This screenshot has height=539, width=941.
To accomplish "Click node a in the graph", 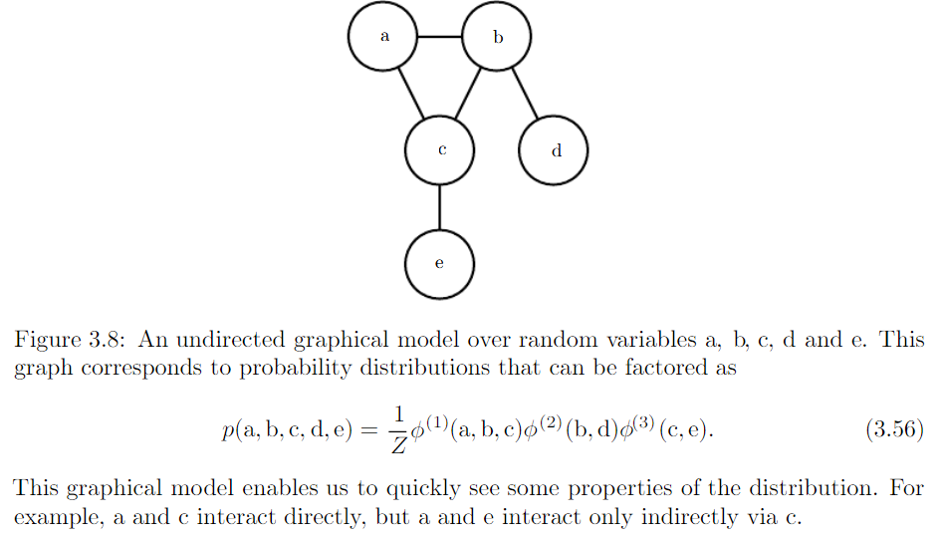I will [x=382, y=37].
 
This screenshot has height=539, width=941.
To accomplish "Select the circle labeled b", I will [x=497, y=37].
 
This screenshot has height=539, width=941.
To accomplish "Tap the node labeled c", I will [x=440, y=150].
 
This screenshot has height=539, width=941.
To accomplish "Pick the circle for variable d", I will [x=554, y=150].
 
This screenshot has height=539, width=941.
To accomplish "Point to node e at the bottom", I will [x=440, y=264].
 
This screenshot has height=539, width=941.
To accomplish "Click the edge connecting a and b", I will [x=440, y=37].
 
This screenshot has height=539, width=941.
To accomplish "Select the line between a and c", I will [x=411, y=94].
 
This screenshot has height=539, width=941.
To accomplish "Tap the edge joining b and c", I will [x=469, y=94].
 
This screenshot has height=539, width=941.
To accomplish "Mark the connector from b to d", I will [x=525, y=94].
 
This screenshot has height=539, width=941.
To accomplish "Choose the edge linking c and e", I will [x=440, y=207].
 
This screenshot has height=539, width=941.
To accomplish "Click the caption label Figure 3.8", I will [x=63, y=340].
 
